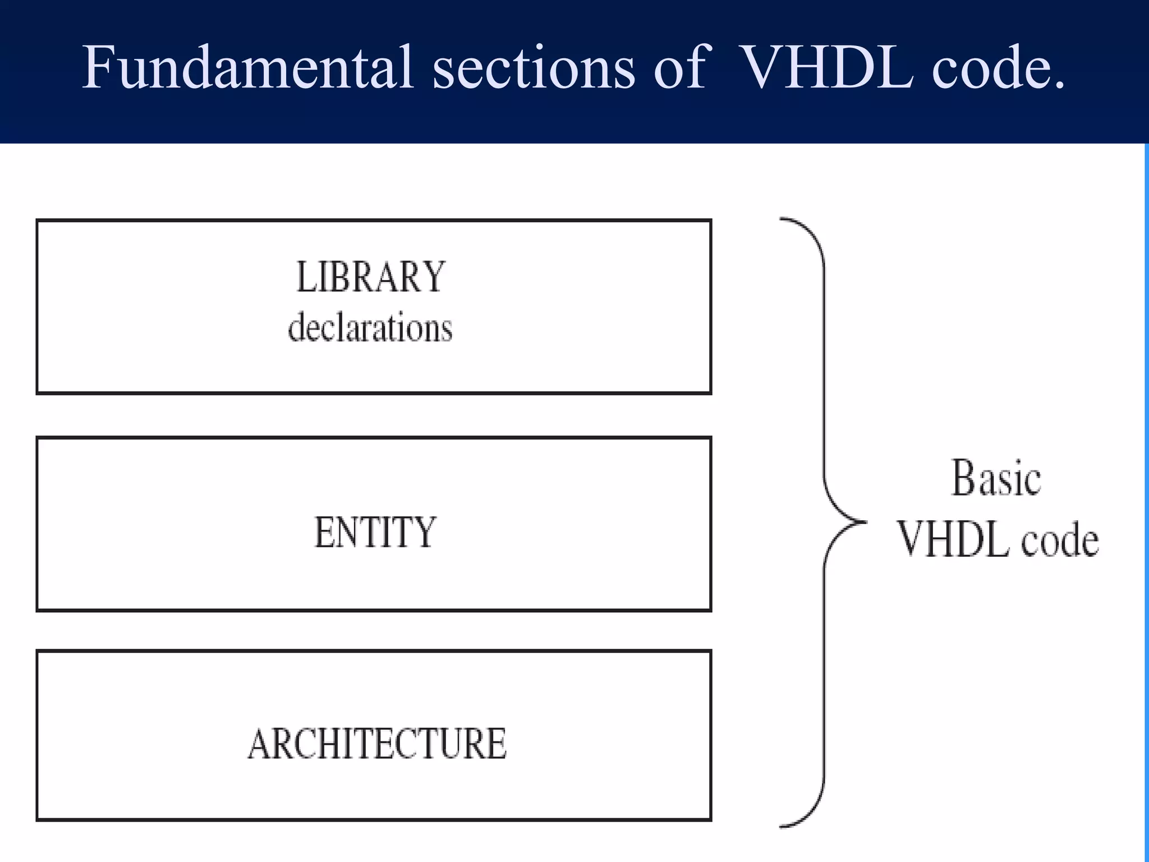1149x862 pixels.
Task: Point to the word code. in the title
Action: point(999,68)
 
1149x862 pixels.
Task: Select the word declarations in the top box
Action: point(370,327)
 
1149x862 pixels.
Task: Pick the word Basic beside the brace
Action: point(996,478)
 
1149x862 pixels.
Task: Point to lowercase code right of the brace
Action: point(1060,541)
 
